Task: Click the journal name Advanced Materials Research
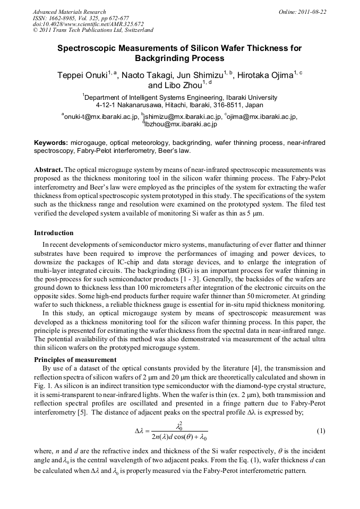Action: (x=69, y=12)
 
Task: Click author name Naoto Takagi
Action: (x=147, y=75)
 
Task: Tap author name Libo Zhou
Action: (x=182, y=85)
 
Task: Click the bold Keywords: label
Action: (x=51, y=143)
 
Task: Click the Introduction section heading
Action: (x=54, y=233)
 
